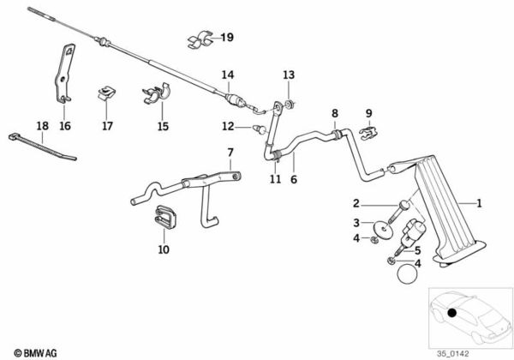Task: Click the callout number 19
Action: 226,38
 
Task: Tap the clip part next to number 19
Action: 199,39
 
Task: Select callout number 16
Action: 65,125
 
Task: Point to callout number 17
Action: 107,125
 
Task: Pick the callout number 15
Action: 164,125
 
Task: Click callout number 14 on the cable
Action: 227,75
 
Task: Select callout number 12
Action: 229,127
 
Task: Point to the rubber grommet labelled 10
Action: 164,221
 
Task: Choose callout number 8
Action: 335,112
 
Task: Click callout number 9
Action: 369,112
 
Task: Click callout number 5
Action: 418,249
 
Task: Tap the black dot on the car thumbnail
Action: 451,315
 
